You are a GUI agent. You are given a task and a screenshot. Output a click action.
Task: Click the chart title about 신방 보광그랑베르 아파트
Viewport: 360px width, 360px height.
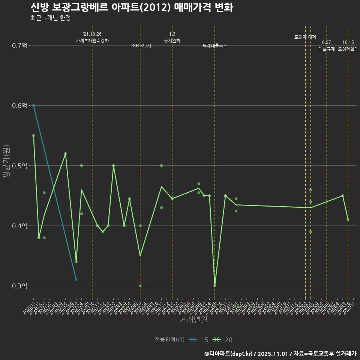[x=131, y=7]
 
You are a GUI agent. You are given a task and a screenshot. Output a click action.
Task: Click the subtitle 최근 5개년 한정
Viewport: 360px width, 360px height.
[x=50, y=18]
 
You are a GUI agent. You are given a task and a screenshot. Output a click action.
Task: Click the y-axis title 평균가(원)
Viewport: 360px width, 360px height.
[x=6, y=165]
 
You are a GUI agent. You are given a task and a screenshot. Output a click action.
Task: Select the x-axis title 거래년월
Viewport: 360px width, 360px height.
[x=193, y=320]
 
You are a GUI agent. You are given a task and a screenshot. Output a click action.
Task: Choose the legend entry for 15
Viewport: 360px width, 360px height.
[x=199, y=340]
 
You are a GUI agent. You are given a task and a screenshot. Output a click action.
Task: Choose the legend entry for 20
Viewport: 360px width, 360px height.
[x=223, y=340]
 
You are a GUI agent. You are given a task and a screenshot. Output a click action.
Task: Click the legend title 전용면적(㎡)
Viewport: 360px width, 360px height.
[x=169, y=340]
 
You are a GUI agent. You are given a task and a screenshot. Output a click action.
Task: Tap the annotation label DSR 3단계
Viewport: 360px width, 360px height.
[x=140, y=46]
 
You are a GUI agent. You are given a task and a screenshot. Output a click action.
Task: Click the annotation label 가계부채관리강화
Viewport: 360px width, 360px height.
[x=92, y=40]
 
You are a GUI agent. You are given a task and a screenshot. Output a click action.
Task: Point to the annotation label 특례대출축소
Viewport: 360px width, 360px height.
[x=214, y=46]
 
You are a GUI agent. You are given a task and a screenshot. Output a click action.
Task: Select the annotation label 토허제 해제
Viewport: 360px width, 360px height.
[x=305, y=37]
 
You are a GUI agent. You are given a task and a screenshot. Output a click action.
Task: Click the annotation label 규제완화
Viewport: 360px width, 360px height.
[x=172, y=40]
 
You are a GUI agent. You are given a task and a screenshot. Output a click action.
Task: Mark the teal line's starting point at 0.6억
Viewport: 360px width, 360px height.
[x=33, y=106]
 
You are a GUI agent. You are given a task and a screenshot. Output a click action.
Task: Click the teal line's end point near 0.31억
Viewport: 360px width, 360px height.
[x=76, y=280]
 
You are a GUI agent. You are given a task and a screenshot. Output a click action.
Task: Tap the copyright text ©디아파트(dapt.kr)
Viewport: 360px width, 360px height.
[x=229, y=354]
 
